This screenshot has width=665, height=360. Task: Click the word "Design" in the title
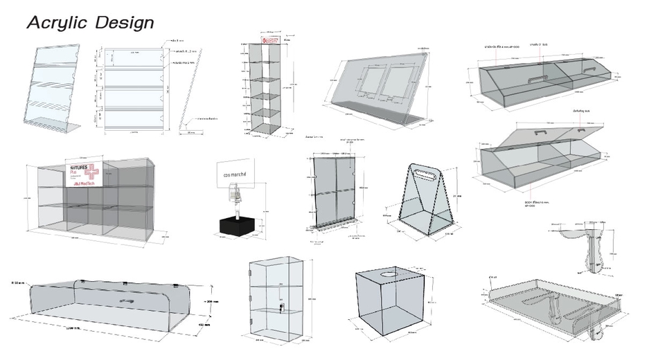pos(125,22)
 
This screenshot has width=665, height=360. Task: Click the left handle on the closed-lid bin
pos(529,80)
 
